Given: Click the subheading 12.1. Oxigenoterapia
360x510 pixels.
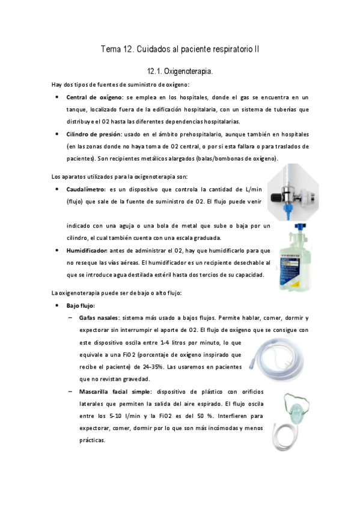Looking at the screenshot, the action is coord(180,72).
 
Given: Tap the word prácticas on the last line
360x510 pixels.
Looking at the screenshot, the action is coord(92,440).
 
